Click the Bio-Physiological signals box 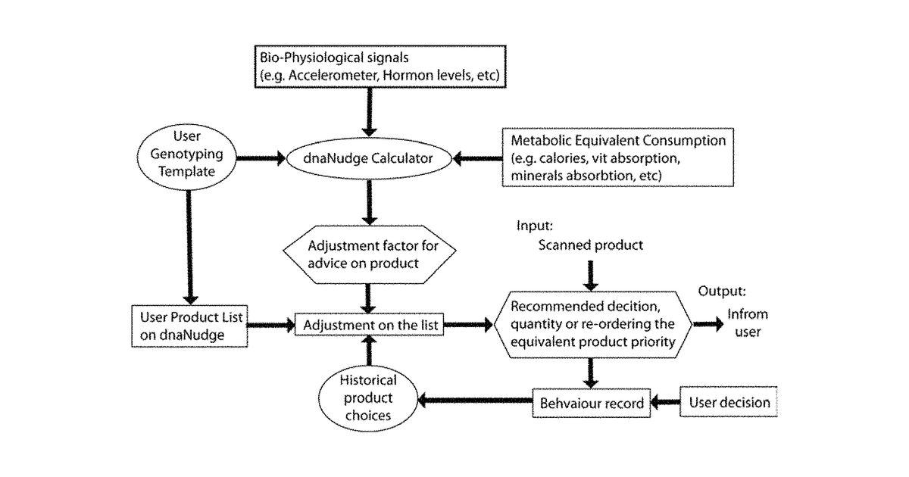[380, 67]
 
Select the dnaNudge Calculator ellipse [369, 158]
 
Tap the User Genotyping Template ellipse [186, 157]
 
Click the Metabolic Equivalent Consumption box [617, 157]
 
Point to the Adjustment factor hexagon [370, 254]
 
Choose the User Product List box [189, 326]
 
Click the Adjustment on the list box [369, 325]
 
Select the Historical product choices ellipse [368, 398]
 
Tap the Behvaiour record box [592, 403]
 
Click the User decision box [729, 402]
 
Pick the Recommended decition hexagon [592, 325]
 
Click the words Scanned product [590, 245]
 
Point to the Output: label [722, 291]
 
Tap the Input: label [535, 226]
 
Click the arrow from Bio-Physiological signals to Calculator [370, 112]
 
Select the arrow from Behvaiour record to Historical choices [475, 401]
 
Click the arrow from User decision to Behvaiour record [665, 402]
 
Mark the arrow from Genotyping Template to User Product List [189, 248]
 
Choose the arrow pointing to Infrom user [708, 324]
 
